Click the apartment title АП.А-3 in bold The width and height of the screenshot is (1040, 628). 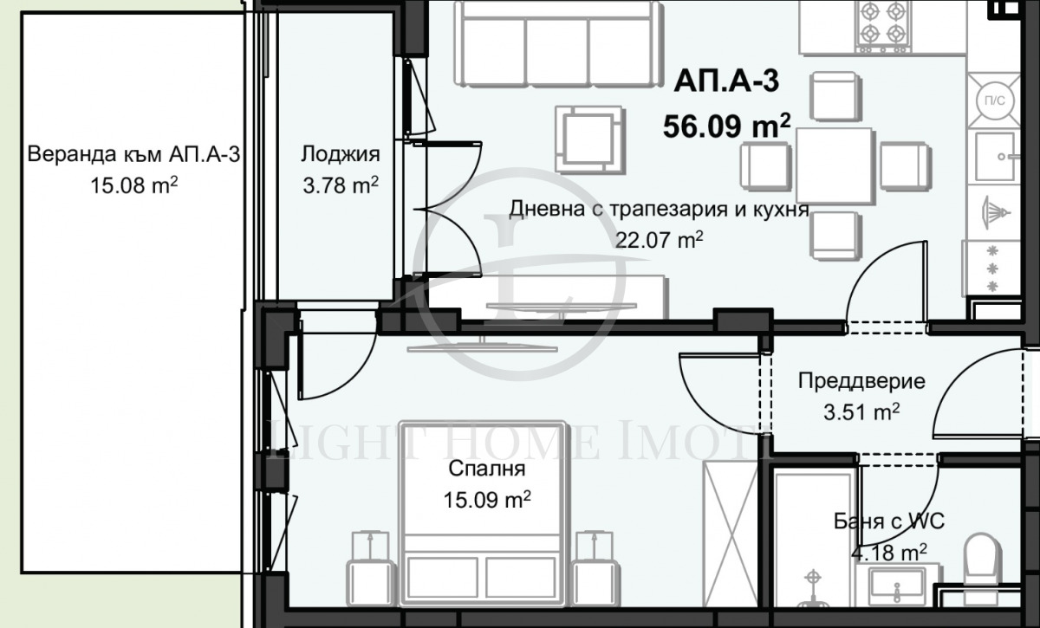pyautogui.click(x=726, y=81)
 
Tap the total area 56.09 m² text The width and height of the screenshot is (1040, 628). pyautogui.click(x=726, y=126)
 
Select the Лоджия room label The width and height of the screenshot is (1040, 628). pyautogui.click(x=341, y=155)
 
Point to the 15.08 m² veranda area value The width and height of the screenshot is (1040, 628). pyautogui.click(x=134, y=185)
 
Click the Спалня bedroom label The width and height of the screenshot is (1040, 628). pyautogui.click(x=487, y=469)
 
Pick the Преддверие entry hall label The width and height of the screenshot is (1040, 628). pyautogui.click(x=861, y=381)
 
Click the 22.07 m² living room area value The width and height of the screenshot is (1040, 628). pyautogui.click(x=658, y=240)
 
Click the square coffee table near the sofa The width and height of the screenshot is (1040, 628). pyautogui.click(x=589, y=138)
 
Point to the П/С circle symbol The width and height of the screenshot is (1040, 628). pyautogui.click(x=993, y=100)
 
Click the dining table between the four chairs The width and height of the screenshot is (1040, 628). pyautogui.click(x=834, y=165)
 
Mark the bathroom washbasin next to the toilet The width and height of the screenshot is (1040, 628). pyautogui.click(x=896, y=586)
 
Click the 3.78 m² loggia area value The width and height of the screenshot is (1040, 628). pyautogui.click(x=341, y=185)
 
